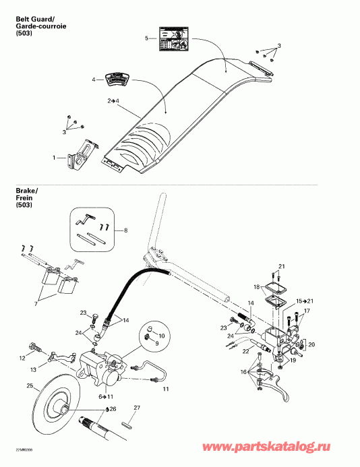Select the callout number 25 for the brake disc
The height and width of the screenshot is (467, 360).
(x=29, y=386)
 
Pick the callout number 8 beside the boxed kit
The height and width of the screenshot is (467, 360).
(x=124, y=230)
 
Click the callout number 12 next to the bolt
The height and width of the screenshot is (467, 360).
(x=22, y=356)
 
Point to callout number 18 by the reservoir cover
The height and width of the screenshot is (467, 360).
(x=256, y=287)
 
